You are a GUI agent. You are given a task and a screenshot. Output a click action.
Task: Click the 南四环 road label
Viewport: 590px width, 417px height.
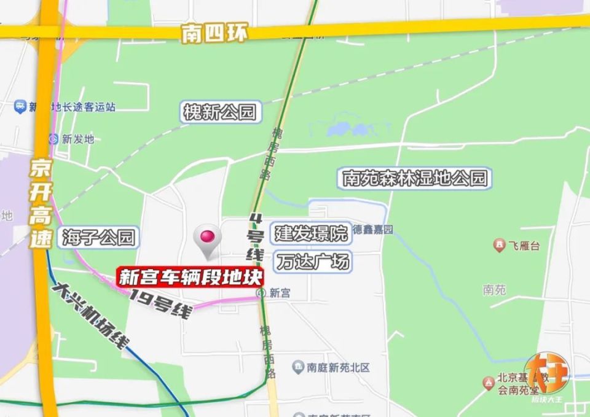pyautogui.click(x=214, y=34)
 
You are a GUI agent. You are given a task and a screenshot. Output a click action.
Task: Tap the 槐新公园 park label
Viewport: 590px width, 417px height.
pyautogui.click(x=219, y=112)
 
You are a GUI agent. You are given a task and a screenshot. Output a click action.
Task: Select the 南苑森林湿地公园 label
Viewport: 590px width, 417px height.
pyautogui.click(x=415, y=179)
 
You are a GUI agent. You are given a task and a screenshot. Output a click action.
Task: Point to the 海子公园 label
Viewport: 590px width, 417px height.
pyautogui.click(x=98, y=237)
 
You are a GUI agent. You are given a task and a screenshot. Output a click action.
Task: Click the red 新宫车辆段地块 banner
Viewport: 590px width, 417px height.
pyautogui.click(x=191, y=277)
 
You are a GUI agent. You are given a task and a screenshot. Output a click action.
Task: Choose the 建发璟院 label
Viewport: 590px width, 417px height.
pyautogui.click(x=311, y=233)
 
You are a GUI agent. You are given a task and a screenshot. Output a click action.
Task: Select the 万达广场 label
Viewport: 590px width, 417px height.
pyautogui.click(x=313, y=262)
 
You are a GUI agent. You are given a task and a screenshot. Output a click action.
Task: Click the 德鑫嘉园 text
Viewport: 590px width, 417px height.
pyautogui.click(x=372, y=230)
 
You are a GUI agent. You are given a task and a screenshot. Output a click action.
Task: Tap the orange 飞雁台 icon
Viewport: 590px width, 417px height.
pyautogui.click(x=499, y=246)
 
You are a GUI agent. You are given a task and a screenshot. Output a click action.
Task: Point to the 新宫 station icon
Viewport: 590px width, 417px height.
pyautogui.click(x=262, y=294)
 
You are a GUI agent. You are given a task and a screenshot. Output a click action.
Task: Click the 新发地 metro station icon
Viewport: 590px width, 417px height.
pyautogui.click(x=53, y=139)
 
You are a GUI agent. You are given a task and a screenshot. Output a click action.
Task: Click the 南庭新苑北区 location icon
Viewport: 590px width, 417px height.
pyautogui.click(x=297, y=367)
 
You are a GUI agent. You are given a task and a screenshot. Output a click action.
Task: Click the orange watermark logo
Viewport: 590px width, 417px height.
pyautogui.click(x=546, y=376)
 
